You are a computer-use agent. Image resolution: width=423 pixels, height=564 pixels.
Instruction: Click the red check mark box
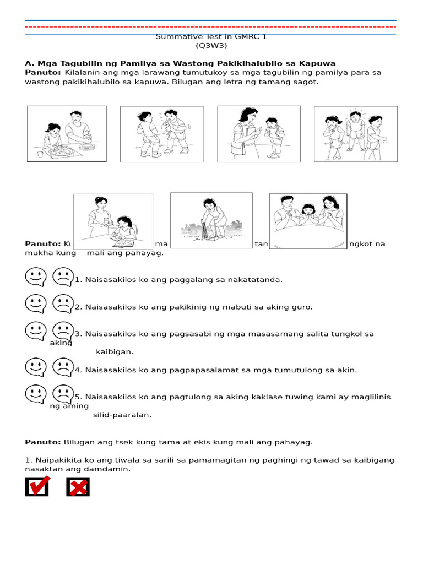tap(37, 486)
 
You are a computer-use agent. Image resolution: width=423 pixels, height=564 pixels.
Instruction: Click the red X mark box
tap(78, 487)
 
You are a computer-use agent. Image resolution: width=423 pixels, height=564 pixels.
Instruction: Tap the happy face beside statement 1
tap(36, 276)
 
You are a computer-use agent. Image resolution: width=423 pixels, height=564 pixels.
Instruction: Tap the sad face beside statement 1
tap(63, 276)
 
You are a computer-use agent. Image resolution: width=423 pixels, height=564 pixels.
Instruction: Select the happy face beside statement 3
tap(36, 330)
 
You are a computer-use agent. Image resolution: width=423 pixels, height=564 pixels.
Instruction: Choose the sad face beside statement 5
tap(63, 394)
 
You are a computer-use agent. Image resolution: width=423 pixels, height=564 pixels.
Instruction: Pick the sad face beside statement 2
tap(63, 303)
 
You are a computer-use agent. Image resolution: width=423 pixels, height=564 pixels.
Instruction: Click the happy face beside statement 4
tap(36, 367)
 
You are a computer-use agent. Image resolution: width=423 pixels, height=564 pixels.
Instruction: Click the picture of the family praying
tap(308, 221)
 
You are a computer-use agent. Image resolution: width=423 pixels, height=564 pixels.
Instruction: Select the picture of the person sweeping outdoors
tap(211, 218)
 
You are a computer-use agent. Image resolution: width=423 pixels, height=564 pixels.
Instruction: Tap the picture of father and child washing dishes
tap(67, 134)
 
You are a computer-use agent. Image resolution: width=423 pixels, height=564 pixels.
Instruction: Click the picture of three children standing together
tap(355, 134)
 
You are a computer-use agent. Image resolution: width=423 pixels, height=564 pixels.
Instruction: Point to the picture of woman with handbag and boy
tap(258, 134)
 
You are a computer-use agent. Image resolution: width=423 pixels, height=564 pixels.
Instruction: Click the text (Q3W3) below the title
tap(211, 46)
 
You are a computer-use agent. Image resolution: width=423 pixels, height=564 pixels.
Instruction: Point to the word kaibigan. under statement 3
tap(115, 351)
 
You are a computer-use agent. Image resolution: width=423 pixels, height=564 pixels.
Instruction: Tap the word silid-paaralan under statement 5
tap(122, 415)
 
